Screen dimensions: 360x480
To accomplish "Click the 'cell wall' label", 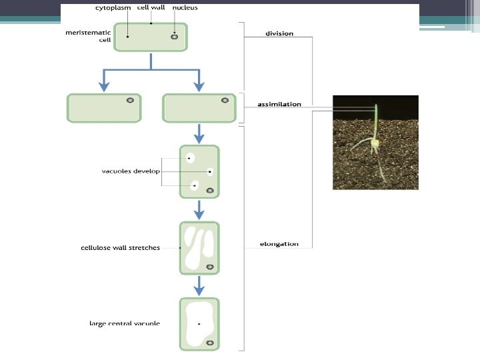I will tap(151, 8).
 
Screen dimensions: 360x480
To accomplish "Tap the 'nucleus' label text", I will tap(185, 8).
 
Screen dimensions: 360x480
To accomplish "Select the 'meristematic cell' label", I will tap(87, 35).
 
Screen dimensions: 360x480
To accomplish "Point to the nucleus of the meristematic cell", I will tap(174, 37).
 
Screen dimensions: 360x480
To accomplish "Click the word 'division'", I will tap(279, 33).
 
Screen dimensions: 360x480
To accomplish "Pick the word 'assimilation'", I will tap(279, 104).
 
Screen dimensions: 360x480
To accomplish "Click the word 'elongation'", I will tap(279, 244).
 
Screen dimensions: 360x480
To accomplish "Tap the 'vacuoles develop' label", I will tap(131, 171).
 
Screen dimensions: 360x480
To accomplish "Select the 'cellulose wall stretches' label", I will tap(120, 248).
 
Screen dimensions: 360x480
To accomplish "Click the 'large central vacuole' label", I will tap(125, 323).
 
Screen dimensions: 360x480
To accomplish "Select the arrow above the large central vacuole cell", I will tap(199, 287).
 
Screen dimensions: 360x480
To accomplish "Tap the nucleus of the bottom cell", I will tap(210, 343).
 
